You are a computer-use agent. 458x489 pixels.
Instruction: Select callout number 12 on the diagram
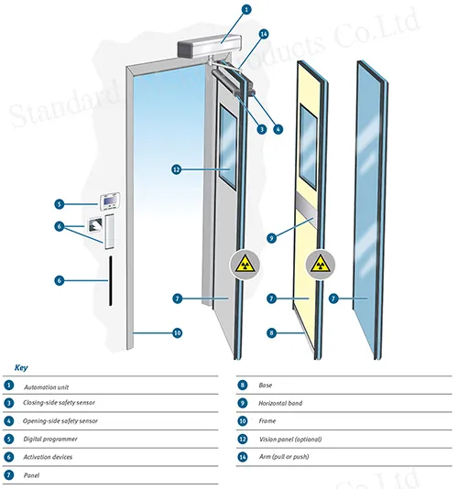177,168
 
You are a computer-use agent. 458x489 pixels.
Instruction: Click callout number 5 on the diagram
59,204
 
